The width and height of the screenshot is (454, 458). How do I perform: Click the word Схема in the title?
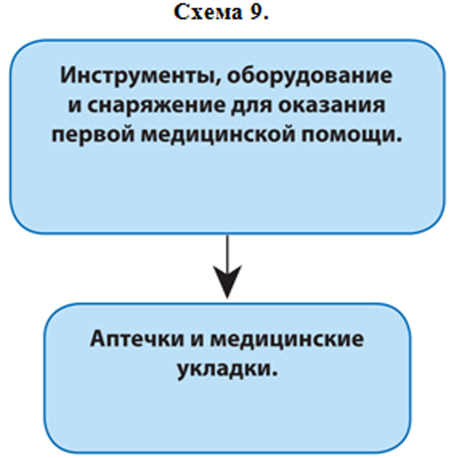[x=208, y=13]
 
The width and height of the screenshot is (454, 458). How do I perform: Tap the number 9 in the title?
[x=255, y=13]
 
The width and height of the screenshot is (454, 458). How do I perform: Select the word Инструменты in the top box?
[x=138, y=75]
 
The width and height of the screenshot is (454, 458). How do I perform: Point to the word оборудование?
[x=310, y=75]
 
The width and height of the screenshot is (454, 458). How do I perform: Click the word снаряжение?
[x=156, y=105]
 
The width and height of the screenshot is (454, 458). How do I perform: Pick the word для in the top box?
[x=251, y=105]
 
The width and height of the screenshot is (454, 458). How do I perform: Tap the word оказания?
[x=331, y=105]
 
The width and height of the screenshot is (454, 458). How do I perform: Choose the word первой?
[x=93, y=134]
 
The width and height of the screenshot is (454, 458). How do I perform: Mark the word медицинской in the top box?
[x=218, y=135]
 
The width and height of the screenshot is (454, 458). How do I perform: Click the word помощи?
[x=348, y=135]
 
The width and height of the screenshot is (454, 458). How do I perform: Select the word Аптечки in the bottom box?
[x=137, y=339]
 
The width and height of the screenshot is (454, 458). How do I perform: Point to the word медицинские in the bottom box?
[x=287, y=339]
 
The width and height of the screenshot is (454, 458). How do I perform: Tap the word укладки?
[x=224, y=368]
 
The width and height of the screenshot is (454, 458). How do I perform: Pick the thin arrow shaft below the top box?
[x=227, y=252]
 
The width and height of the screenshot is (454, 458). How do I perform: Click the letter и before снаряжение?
[x=74, y=106]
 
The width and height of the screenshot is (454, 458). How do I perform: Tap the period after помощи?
[x=399, y=140]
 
